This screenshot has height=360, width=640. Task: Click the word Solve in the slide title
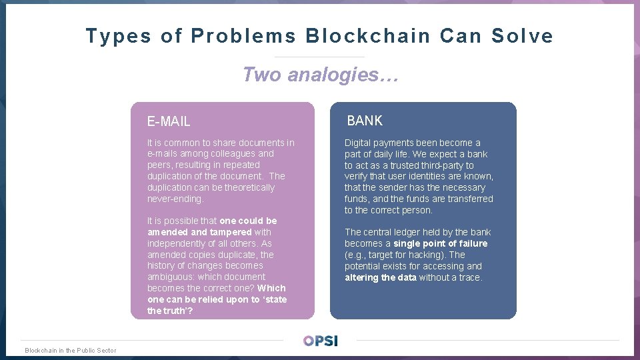tap(522, 36)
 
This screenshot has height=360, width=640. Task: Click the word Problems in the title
tap(244, 36)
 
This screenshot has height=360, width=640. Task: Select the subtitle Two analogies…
tap(320, 75)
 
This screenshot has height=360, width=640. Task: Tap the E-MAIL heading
tap(169, 121)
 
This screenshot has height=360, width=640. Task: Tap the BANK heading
tap(365, 121)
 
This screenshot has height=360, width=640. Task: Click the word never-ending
tap(175, 199)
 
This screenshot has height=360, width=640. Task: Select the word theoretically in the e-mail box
tap(249, 187)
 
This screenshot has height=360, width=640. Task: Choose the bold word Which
tap(271, 288)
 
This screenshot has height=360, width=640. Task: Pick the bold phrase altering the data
tap(380, 277)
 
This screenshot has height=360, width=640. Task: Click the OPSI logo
tap(320, 341)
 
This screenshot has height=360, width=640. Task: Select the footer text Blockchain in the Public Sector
tap(70, 351)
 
